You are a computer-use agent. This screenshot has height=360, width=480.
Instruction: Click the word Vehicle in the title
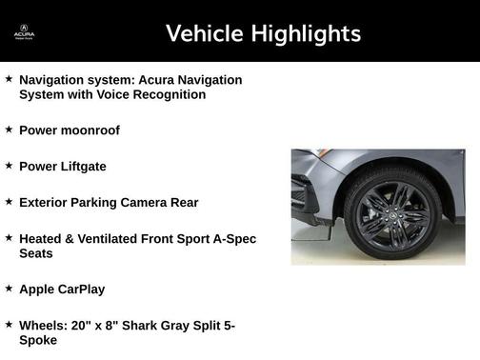204,34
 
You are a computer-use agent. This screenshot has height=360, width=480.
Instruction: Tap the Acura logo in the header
24,34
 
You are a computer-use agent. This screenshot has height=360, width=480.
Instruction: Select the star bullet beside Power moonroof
9,129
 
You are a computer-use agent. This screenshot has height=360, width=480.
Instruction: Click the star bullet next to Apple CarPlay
9,287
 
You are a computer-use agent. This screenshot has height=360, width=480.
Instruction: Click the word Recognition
164,94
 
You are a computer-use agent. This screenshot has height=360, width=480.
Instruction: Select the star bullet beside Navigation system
9,78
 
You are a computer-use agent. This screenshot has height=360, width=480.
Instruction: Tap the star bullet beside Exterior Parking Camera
9,201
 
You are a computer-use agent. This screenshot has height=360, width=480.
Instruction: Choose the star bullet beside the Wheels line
9,324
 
